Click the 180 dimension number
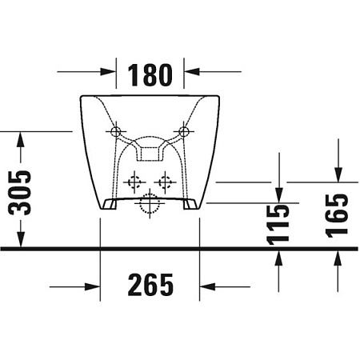[150, 75]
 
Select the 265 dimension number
[150, 285]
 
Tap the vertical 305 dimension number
[19, 193]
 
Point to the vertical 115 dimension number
[278, 225]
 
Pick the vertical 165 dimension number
[337, 215]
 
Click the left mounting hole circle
[116, 131]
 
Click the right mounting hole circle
[184, 131]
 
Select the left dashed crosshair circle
[134, 182]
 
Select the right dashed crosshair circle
[165, 182]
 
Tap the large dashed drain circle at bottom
[150, 203]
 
